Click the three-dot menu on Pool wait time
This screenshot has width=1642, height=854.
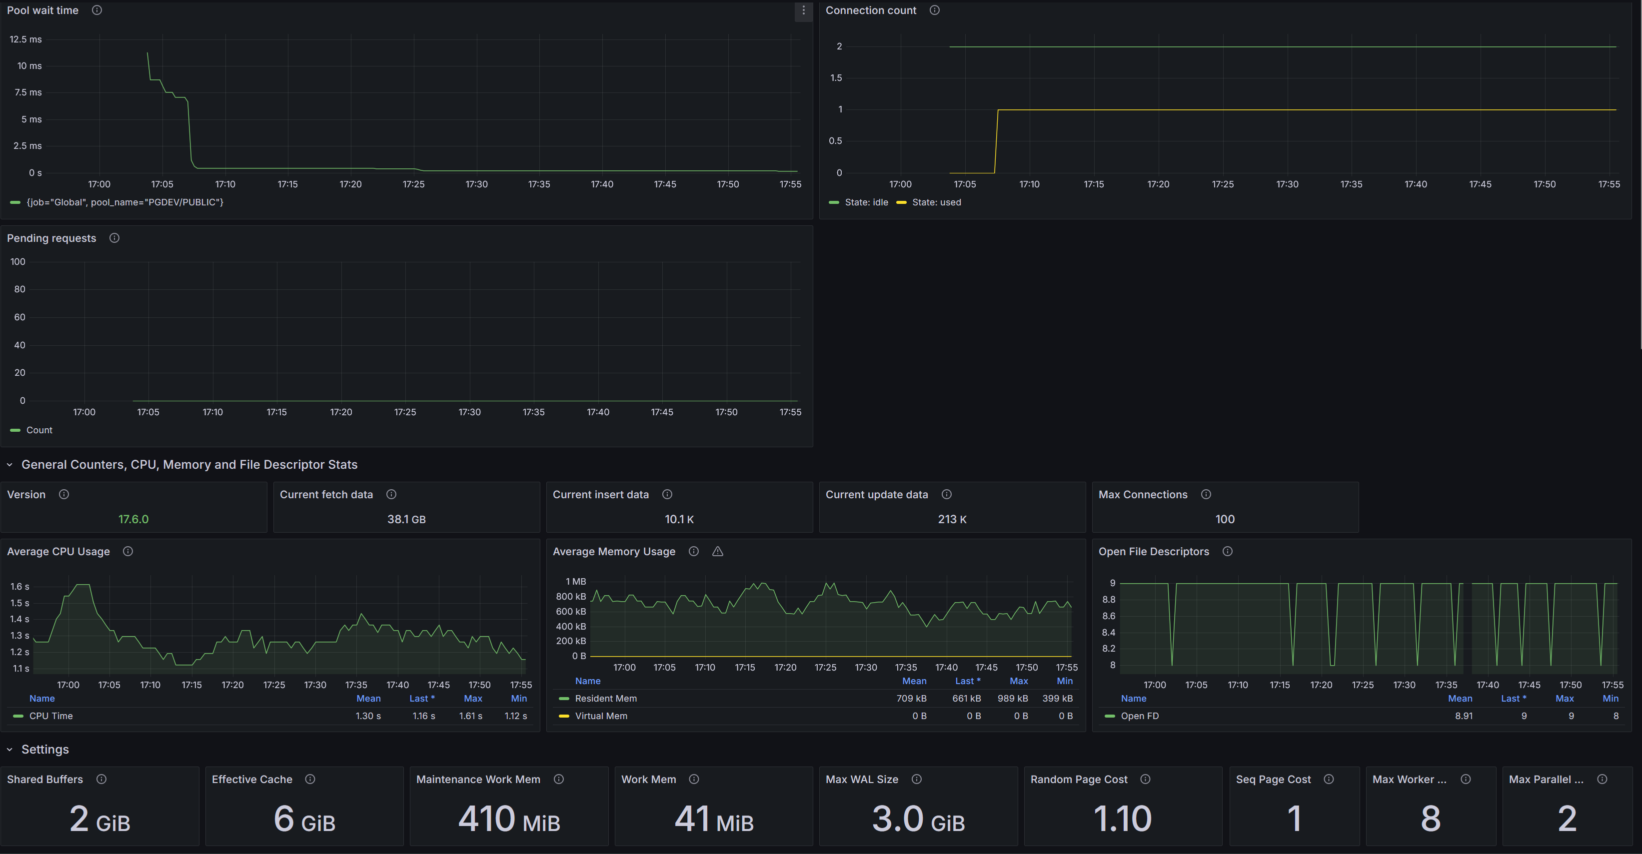803,10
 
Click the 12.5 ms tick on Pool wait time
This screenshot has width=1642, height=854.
25,39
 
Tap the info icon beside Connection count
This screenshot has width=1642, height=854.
934,10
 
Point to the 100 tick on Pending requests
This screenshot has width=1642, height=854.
18,262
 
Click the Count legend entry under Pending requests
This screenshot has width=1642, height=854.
39,431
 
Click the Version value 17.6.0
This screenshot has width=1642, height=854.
133,519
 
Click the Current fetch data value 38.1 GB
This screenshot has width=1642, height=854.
406,519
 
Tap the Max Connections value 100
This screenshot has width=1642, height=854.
1225,519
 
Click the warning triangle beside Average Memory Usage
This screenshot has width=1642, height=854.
718,552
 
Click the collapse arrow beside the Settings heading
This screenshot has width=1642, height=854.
9,750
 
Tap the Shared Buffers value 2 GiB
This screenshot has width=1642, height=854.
99,819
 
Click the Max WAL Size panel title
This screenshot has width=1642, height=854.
862,780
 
